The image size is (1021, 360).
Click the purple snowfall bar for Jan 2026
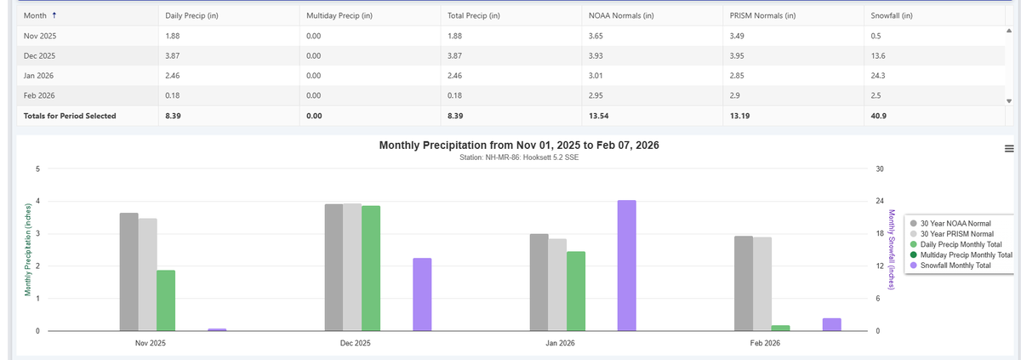tap(626, 266)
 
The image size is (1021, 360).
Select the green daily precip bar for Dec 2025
tap(370, 268)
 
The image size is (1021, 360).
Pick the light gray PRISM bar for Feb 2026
tap(761, 283)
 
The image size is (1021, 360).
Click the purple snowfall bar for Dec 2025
tap(422, 294)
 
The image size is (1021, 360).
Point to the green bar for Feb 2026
tap(780, 328)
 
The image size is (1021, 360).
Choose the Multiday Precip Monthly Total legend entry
tap(966, 254)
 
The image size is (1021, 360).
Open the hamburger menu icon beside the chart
tap(1009, 149)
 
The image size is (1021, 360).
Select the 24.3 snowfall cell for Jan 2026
tap(879, 75)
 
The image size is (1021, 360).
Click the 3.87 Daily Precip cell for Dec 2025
tap(173, 55)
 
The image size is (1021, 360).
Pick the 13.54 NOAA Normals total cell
tap(599, 115)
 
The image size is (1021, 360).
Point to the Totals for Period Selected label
tap(69, 115)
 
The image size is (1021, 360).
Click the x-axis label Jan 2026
tap(560, 343)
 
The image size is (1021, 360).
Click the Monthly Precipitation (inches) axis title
tap(27, 249)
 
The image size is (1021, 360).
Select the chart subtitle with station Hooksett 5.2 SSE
tap(518, 157)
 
